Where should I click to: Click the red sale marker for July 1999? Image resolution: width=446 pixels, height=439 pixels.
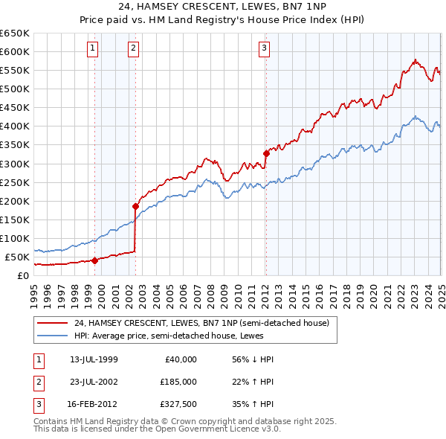(x=95, y=260)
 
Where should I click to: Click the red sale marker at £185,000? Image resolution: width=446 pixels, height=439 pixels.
(x=136, y=206)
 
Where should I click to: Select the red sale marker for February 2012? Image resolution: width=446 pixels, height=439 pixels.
(x=266, y=153)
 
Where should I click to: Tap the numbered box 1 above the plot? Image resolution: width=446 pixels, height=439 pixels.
(x=92, y=49)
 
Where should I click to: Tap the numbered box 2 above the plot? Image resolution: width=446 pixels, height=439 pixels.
(x=133, y=49)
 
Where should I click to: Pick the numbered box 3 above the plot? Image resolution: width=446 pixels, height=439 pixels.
(x=264, y=49)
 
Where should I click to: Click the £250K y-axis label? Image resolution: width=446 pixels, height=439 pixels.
(x=15, y=182)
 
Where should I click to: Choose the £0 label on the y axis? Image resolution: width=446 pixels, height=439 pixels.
(x=22, y=275)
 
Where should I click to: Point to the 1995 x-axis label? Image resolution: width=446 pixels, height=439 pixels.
(x=34, y=291)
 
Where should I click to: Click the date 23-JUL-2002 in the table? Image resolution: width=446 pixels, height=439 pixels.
(x=94, y=382)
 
